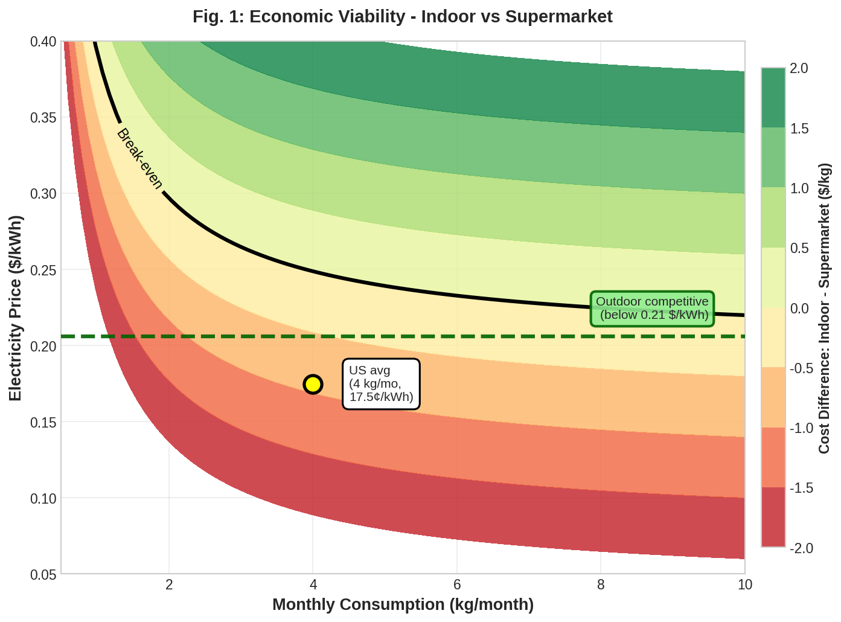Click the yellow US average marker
coord(313,384)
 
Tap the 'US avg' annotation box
coord(381,384)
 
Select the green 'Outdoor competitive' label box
coord(652,308)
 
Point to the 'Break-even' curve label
coord(139,159)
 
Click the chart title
coord(402,16)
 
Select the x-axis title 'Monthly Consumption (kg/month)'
coord(403,604)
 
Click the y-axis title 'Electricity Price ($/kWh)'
coord(16,307)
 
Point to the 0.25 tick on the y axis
coord(43,270)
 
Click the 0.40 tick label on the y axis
coord(43,42)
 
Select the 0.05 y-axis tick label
coord(43,574)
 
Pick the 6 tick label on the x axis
coord(457,585)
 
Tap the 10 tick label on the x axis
coord(745,585)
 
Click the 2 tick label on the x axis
coord(169,585)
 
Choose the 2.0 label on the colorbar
coord(799,68)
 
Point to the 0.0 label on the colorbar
coord(799,309)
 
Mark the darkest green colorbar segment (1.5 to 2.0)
coord(773,98)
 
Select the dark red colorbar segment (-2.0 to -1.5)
coord(773,517)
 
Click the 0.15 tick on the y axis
coord(43,422)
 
